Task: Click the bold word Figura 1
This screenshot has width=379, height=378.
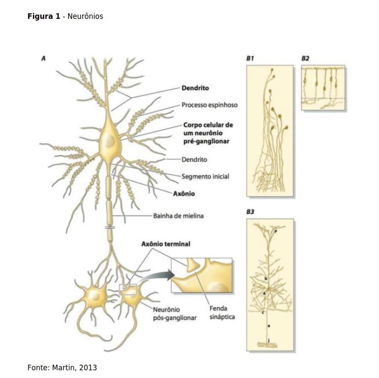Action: pyautogui.click(x=44, y=16)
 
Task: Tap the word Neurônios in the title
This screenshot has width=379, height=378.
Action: pyautogui.click(x=85, y=16)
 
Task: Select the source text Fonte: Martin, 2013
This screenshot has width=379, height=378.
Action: pyautogui.click(x=62, y=368)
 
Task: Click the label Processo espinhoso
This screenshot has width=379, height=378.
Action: pyautogui.click(x=209, y=105)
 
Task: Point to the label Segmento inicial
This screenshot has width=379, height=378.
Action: pyautogui.click(x=205, y=177)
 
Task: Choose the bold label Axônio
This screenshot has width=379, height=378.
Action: pyautogui.click(x=184, y=193)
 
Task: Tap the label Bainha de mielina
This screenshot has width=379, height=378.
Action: pyautogui.click(x=179, y=216)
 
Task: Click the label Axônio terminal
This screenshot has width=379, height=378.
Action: pyautogui.click(x=166, y=244)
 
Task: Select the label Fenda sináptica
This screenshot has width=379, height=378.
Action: pyautogui.click(x=222, y=313)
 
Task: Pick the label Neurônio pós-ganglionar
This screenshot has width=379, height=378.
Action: pyautogui.click(x=175, y=314)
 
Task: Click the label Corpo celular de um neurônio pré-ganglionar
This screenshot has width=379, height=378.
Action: pyautogui.click(x=208, y=133)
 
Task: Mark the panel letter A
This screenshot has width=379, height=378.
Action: pyautogui.click(x=44, y=58)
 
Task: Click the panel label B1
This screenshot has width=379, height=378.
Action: pyautogui.click(x=250, y=58)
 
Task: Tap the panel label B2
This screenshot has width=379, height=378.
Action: pyautogui.click(x=305, y=58)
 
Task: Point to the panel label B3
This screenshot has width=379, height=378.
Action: pyautogui.click(x=250, y=212)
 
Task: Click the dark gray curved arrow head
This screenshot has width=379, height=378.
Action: pyautogui.click(x=170, y=275)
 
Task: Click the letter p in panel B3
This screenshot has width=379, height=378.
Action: pyautogui.click(x=276, y=231)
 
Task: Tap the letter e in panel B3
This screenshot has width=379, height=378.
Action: pyautogui.click(x=269, y=326)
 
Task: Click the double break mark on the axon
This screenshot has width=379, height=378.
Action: pyautogui.click(x=110, y=228)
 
